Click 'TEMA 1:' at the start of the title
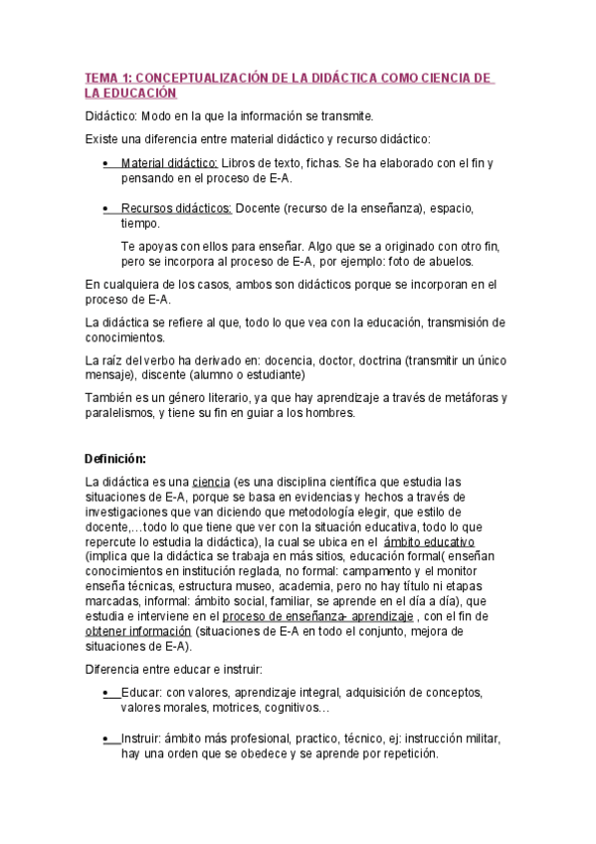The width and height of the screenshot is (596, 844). click(x=107, y=77)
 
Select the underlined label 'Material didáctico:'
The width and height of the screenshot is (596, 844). click(x=169, y=162)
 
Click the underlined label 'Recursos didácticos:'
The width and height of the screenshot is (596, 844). click(x=176, y=208)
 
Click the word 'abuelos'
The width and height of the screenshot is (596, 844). click(x=449, y=261)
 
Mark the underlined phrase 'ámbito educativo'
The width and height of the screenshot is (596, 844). click(x=430, y=540)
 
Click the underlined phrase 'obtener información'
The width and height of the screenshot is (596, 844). click(x=138, y=631)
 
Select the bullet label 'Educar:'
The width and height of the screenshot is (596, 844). click(x=141, y=692)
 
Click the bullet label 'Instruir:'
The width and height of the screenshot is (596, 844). click(x=142, y=738)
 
